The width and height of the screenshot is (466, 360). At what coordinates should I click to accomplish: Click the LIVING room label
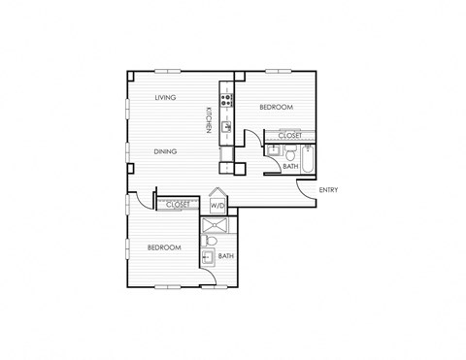(164, 98)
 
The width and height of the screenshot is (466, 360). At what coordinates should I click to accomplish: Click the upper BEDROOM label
(276, 108)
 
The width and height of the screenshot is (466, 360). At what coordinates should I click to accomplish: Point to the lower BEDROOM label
(164, 247)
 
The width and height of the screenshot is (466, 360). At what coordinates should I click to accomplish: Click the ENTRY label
(329, 190)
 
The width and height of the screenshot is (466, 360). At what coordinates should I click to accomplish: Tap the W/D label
(217, 206)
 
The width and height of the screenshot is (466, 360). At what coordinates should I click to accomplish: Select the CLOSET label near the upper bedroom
(289, 136)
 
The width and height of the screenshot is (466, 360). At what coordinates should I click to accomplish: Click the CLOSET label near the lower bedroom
(178, 205)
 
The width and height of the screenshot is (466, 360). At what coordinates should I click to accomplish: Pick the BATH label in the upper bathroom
(289, 167)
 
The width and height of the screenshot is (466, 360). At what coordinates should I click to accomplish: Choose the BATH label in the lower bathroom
(225, 256)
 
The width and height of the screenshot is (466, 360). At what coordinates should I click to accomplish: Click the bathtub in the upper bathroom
(308, 158)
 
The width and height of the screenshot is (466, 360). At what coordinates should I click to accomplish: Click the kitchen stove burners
(226, 96)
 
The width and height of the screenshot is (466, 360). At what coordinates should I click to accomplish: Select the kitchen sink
(226, 126)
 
